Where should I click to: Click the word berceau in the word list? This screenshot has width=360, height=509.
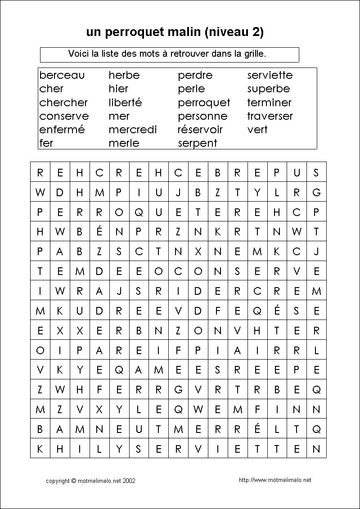[x=62, y=75]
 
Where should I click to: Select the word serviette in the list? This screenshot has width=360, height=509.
[x=270, y=75]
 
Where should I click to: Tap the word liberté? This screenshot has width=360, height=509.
[x=125, y=102]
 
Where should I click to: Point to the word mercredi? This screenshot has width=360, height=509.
[x=132, y=130]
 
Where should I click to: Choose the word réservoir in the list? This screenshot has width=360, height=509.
[x=200, y=130]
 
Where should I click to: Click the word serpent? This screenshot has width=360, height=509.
[x=197, y=143]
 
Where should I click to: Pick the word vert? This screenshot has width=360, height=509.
[x=257, y=130]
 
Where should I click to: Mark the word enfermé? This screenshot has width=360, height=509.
[x=62, y=130]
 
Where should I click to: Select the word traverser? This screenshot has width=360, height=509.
[x=270, y=116]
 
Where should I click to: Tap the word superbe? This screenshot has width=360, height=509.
[x=268, y=89]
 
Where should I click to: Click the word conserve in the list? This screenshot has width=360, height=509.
[x=64, y=116]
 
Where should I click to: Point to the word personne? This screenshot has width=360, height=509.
[x=202, y=116]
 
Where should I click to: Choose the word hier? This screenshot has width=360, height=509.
[x=118, y=89]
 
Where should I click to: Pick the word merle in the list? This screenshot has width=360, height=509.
[x=124, y=143]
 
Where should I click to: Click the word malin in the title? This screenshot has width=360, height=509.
[x=186, y=32]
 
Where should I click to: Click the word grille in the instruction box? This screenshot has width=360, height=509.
[x=255, y=54]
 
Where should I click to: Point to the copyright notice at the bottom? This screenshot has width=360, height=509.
[x=90, y=481]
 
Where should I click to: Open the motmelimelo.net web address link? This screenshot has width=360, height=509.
[x=275, y=480]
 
